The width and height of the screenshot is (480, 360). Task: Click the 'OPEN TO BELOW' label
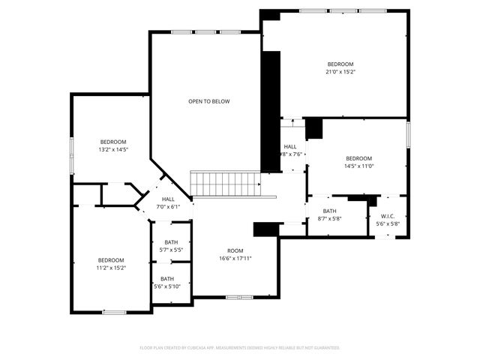point(208,101)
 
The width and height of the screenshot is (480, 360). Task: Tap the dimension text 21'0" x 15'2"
point(340,73)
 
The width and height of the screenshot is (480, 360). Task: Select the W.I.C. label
point(388,216)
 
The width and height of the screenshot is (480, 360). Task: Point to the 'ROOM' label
point(235,250)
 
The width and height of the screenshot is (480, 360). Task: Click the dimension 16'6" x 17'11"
point(235,258)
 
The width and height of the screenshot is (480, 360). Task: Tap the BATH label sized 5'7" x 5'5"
point(172,242)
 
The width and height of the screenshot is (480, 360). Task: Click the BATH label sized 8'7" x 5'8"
point(329,211)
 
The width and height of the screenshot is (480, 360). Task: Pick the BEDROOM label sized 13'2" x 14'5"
point(113,142)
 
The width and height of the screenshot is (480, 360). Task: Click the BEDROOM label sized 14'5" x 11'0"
point(358,158)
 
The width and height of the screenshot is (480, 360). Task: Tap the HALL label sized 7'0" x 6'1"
point(168,199)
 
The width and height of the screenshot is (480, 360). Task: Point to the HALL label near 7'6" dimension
point(290,146)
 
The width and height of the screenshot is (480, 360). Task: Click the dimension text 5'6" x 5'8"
point(388,223)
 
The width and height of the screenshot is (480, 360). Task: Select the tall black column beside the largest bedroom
point(270,112)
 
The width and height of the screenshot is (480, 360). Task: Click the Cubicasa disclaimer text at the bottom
point(240,348)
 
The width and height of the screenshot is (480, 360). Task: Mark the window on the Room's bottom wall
point(239,298)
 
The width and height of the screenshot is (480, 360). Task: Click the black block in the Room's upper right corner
point(265,229)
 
